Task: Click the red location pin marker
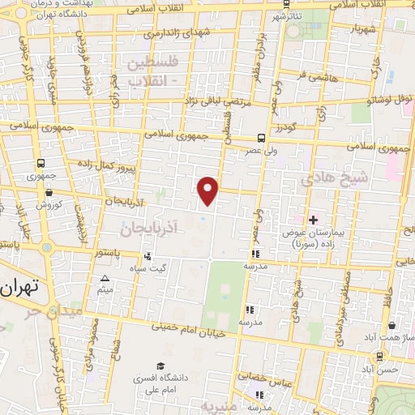(x=209, y=190)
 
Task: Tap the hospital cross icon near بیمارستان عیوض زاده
(x=313, y=220)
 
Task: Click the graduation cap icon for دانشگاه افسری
(x=160, y=366)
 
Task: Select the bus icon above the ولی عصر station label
(x=261, y=138)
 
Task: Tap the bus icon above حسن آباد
(x=380, y=356)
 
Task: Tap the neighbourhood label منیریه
(x=220, y=406)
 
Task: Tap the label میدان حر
(x=61, y=310)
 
